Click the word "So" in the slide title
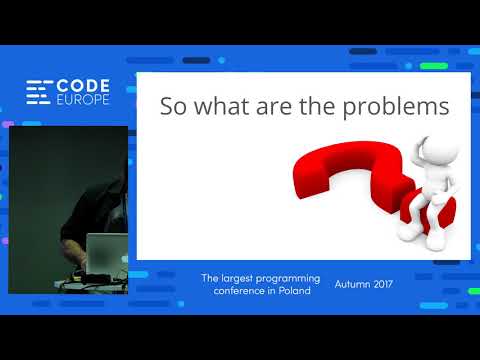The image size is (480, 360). [173, 107]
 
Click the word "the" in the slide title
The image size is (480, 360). [322, 107]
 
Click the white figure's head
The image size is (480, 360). [440, 150]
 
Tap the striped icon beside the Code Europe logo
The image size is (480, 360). [39, 93]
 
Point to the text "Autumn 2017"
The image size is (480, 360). [364, 284]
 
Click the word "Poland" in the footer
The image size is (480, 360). [292, 291]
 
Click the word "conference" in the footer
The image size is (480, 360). [226, 291]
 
